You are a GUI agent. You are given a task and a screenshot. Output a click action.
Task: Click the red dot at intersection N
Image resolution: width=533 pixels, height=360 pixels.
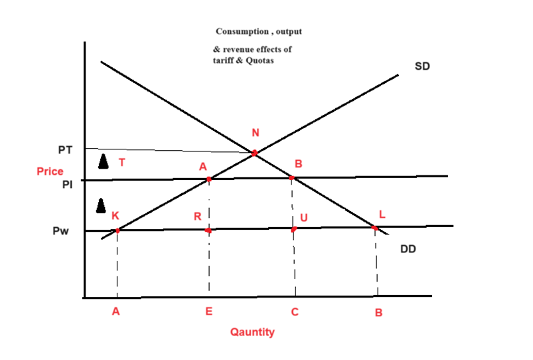(x=254, y=153)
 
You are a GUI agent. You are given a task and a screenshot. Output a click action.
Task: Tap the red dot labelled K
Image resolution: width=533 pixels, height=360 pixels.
(x=117, y=230)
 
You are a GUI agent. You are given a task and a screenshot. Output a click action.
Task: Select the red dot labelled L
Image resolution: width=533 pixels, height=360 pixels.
(x=375, y=228)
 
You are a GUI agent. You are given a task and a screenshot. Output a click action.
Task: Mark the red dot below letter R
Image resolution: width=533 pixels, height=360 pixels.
(x=208, y=230)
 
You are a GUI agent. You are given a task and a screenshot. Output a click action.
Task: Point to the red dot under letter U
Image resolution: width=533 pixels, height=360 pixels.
(x=294, y=229)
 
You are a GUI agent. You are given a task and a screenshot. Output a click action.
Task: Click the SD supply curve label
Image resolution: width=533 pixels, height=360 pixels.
(x=423, y=66)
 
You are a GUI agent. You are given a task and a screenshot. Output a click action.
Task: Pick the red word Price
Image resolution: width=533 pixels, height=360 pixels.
(x=50, y=171)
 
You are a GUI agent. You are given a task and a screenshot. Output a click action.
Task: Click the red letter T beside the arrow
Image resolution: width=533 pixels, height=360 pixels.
(x=121, y=161)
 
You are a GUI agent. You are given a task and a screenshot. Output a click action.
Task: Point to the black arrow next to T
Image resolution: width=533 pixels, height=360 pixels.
(x=102, y=161)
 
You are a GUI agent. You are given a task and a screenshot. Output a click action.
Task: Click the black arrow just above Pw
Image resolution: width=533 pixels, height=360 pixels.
(x=101, y=205)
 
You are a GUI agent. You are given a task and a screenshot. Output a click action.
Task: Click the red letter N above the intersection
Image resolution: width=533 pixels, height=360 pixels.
(x=255, y=134)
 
